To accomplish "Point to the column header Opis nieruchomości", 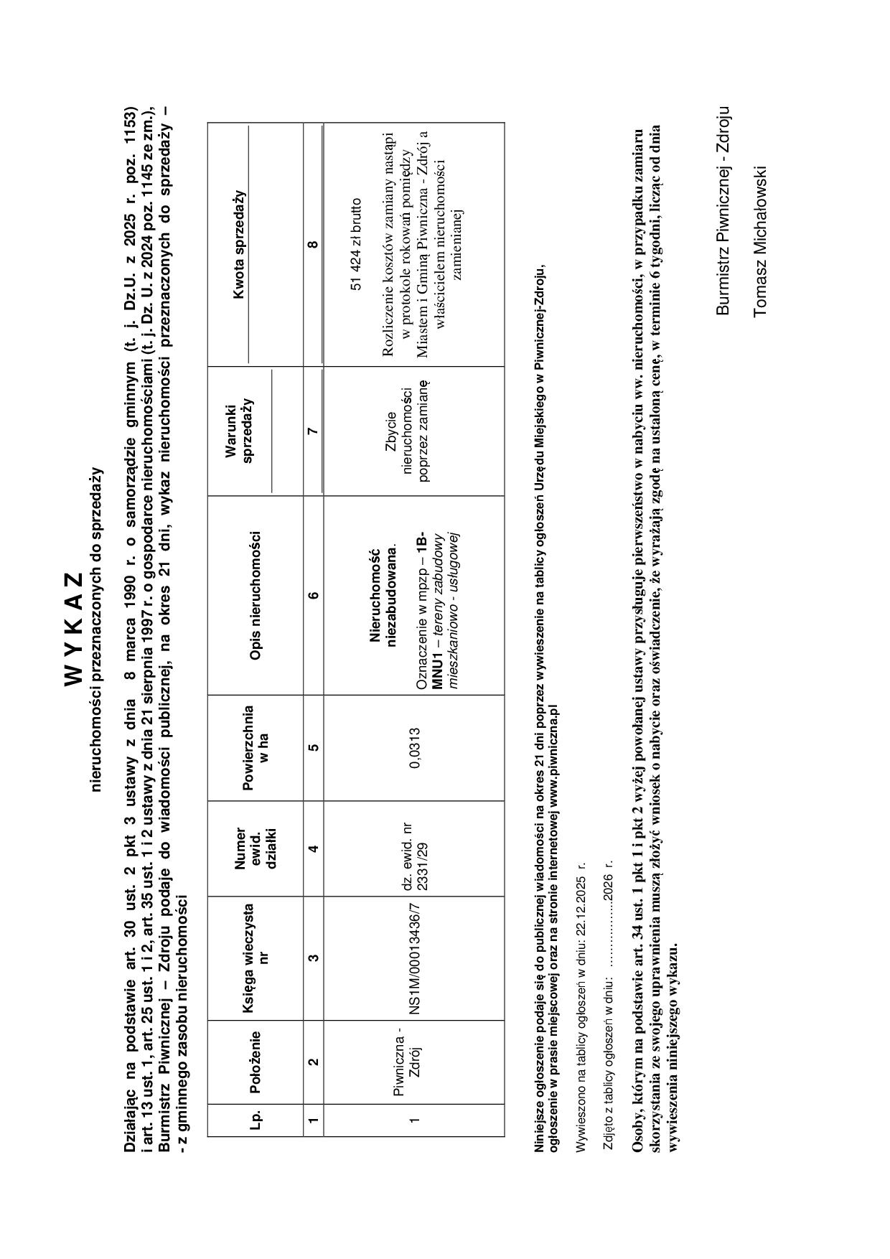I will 254,595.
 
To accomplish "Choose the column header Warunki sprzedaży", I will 240,430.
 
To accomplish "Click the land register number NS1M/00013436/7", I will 414,957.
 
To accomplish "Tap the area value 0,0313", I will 415,748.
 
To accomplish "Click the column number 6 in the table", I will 314,595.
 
